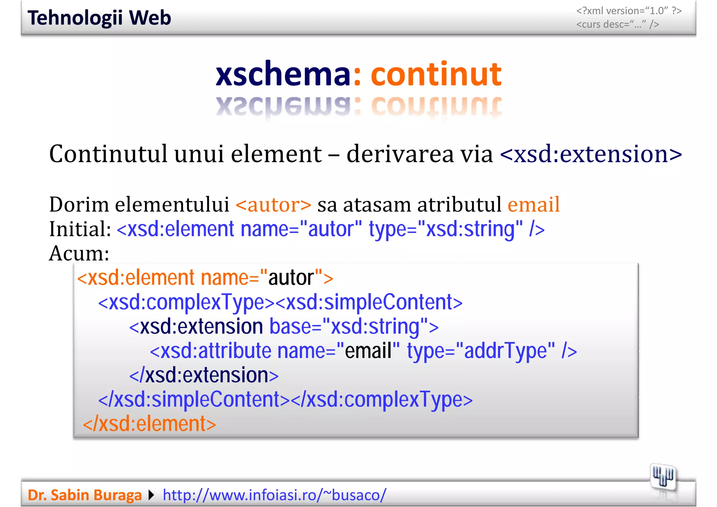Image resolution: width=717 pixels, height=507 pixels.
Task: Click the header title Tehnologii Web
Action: click(99, 18)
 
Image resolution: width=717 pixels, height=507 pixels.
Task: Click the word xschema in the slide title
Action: click(283, 74)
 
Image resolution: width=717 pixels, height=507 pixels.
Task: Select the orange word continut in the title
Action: click(436, 74)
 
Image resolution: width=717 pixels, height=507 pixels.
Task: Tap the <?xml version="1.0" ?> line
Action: click(629, 11)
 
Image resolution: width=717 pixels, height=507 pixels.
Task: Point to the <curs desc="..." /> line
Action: click(618, 25)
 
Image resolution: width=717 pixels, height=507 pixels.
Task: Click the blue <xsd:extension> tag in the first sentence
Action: click(591, 154)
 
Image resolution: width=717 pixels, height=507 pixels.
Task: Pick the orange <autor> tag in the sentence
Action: click(273, 205)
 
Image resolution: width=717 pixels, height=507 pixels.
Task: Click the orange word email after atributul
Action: click(534, 205)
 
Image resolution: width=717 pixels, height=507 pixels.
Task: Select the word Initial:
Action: click(80, 229)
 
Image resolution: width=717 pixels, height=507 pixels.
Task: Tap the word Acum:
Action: click(79, 253)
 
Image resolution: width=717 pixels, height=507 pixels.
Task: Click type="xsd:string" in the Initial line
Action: click(446, 229)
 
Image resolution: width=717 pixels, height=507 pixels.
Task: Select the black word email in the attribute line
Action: click(368, 351)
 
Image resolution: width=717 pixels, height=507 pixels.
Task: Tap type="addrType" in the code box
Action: click(481, 351)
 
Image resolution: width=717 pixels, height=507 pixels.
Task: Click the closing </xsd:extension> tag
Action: click(204, 375)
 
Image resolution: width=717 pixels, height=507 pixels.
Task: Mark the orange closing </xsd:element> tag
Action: click(149, 424)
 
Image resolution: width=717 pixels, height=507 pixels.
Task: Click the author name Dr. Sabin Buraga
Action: click(85, 495)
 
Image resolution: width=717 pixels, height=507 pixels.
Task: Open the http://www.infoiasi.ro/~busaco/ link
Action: click(274, 495)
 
